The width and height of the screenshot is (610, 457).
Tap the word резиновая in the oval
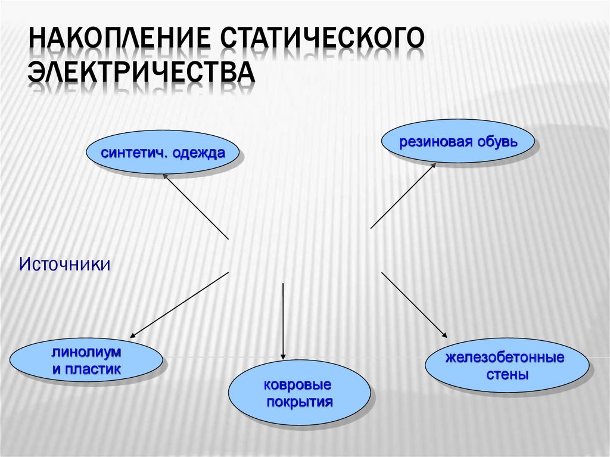(431, 142)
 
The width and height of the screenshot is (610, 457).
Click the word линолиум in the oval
(86, 355)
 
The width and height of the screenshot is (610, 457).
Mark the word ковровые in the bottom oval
(299, 386)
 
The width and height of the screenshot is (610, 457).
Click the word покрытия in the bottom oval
(299, 401)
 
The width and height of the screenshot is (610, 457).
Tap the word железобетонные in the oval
(505, 360)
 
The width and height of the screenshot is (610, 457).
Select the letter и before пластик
(57, 370)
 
